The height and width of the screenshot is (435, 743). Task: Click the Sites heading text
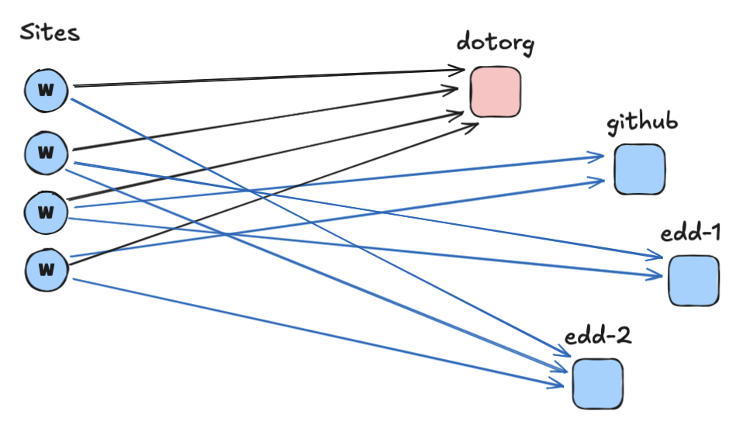[50, 33]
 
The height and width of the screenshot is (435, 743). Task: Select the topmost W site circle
[47, 89]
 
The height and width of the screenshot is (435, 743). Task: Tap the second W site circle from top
[47, 151]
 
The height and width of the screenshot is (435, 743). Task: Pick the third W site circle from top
[47, 211]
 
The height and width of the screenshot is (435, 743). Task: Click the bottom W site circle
[47, 269]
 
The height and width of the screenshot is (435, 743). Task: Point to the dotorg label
[495, 43]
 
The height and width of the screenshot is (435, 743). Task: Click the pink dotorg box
[496, 91]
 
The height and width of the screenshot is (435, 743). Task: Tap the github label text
[643, 123]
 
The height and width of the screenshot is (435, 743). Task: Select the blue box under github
[640, 169]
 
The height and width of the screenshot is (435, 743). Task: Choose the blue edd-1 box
[693, 280]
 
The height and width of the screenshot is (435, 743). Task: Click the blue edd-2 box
[598, 383]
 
